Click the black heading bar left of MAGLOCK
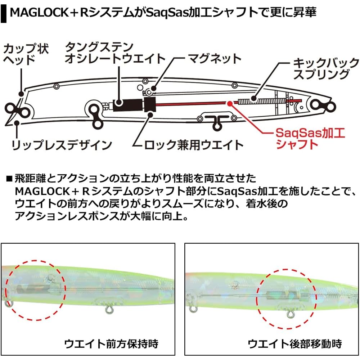pyautogui.click(x=4, y=12)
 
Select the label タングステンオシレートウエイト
pyautogui.click(x=115, y=53)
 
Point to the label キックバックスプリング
pyautogui.click(x=325, y=69)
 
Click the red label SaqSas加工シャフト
pyautogui.click(x=310, y=139)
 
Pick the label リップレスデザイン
pyautogui.click(x=62, y=145)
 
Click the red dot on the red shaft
pyautogui.click(x=230, y=103)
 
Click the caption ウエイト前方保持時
pyautogui.click(x=111, y=344)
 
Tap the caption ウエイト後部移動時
pyautogui.click(x=295, y=344)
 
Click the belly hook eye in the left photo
pyautogui.click(x=109, y=310)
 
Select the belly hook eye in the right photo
pyautogui.click(x=291, y=314)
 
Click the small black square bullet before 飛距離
pyautogui.click(x=9, y=179)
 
